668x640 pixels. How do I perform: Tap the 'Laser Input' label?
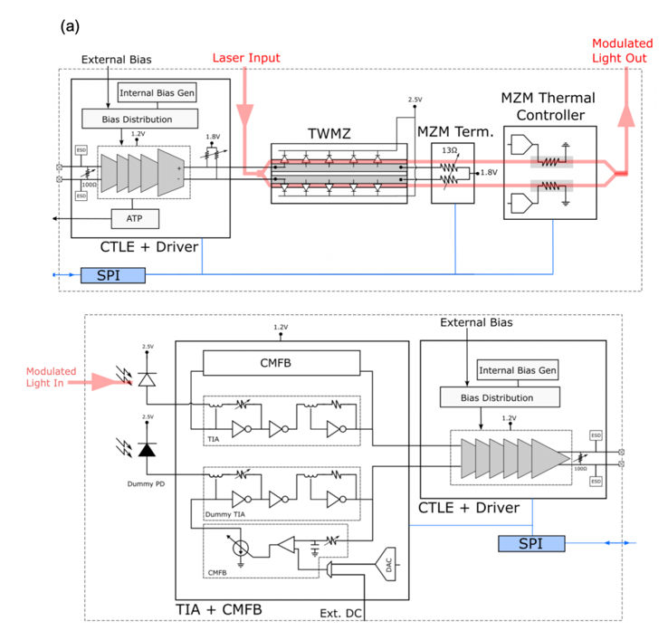coord(246,58)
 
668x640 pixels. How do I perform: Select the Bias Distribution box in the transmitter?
coord(139,119)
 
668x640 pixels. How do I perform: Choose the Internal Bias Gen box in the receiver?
coord(517,369)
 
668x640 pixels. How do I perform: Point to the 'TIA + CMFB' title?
coord(218,610)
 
